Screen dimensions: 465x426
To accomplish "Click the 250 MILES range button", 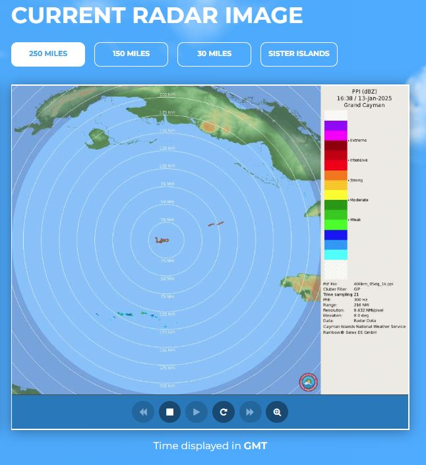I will pyautogui.click(x=48, y=54).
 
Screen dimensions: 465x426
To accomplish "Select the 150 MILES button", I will pyautogui.click(x=131, y=54).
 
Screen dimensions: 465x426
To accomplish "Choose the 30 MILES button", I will pyautogui.click(x=214, y=54).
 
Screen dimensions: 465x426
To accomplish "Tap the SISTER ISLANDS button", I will pyautogui.click(x=299, y=54).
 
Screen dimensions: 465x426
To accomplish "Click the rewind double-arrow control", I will pyautogui.click(x=143, y=412).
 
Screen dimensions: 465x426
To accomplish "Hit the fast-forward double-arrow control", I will pyautogui.click(x=250, y=412).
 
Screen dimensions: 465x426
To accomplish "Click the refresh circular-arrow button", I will pyautogui.click(x=224, y=412).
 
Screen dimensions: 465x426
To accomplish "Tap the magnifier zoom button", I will pyautogui.click(x=277, y=412).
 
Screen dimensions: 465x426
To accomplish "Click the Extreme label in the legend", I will pyautogui.click(x=359, y=140).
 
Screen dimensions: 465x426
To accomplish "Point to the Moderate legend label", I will pyautogui.click(x=359, y=200).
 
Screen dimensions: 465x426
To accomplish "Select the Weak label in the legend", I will pyautogui.click(x=355, y=220).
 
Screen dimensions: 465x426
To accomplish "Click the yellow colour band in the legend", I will pyautogui.click(x=336, y=195).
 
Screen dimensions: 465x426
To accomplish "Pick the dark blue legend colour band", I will pyautogui.click(x=336, y=235).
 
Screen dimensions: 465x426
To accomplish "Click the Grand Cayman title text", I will pyautogui.click(x=364, y=106).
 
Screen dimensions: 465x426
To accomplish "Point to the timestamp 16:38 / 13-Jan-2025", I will pyautogui.click(x=364, y=98).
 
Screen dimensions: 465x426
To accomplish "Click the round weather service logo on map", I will pyautogui.click(x=309, y=382).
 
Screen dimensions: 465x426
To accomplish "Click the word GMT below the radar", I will pyautogui.click(x=255, y=446).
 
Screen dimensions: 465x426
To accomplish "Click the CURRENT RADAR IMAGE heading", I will pyautogui.click(x=157, y=15).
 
